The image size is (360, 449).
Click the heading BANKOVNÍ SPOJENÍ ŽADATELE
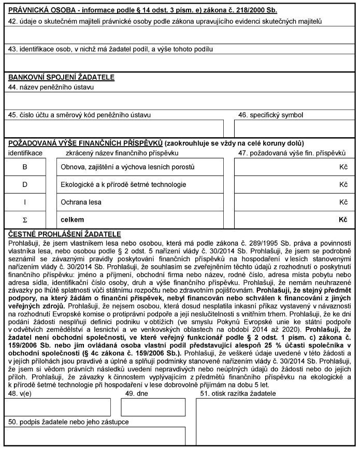click(x=61, y=78)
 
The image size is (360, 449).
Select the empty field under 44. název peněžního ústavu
click(x=180, y=100)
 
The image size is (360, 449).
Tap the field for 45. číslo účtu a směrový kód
click(x=114, y=128)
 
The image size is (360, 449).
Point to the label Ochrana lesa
click(x=78, y=202)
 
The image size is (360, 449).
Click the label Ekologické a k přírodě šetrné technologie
click(x=123, y=184)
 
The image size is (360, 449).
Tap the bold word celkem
click(x=72, y=220)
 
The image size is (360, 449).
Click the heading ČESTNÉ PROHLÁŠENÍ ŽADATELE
click(x=65, y=234)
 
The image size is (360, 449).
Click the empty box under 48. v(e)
click(x=59, y=407)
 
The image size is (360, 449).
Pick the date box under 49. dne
click(x=146, y=407)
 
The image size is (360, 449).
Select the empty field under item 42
click(x=180, y=35)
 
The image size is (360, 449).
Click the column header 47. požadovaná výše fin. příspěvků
click(x=291, y=153)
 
